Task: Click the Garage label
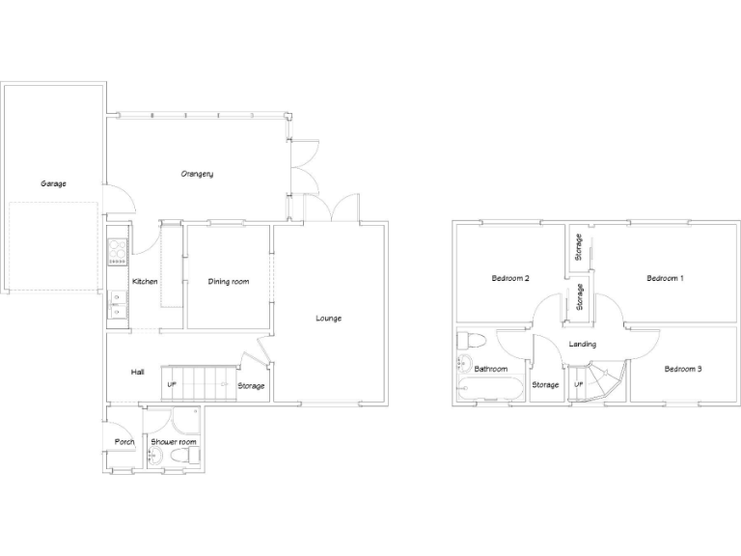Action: point(53,183)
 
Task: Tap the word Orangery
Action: point(197,174)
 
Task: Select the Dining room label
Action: point(229,282)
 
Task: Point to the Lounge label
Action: point(328,318)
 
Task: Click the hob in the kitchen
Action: point(118,251)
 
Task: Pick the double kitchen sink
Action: point(117,305)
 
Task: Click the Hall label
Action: point(137,372)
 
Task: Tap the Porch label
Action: point(124,442)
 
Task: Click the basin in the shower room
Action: point(154,456)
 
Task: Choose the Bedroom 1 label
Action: point(665,278)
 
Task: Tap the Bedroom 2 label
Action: point(510,278)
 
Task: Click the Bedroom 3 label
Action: point(682,369)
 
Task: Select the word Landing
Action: point(582,345)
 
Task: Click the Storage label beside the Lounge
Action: point(251,386)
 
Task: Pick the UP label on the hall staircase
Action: point(172,385)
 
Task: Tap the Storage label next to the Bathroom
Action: point(545,385)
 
